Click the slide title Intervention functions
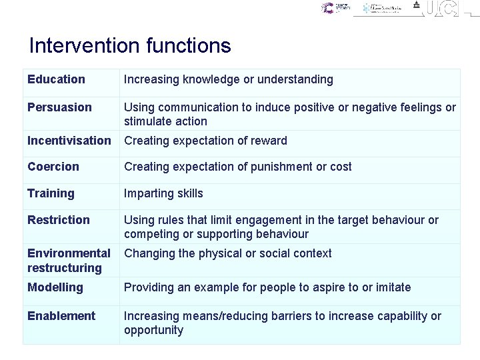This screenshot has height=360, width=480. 130,46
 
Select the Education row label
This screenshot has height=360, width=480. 57,79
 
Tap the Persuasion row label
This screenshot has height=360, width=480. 59,107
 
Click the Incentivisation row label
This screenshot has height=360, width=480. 69,141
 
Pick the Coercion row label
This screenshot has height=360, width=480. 53,167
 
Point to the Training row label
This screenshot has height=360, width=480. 51,193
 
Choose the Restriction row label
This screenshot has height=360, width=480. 59,220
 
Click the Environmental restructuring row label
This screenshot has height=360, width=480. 69,261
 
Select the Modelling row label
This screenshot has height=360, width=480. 55,287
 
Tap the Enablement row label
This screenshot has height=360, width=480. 61,316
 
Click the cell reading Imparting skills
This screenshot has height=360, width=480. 163,193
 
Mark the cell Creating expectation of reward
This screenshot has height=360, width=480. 205,141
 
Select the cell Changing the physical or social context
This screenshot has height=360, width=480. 227,253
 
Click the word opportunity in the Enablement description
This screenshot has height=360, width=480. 153,331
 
